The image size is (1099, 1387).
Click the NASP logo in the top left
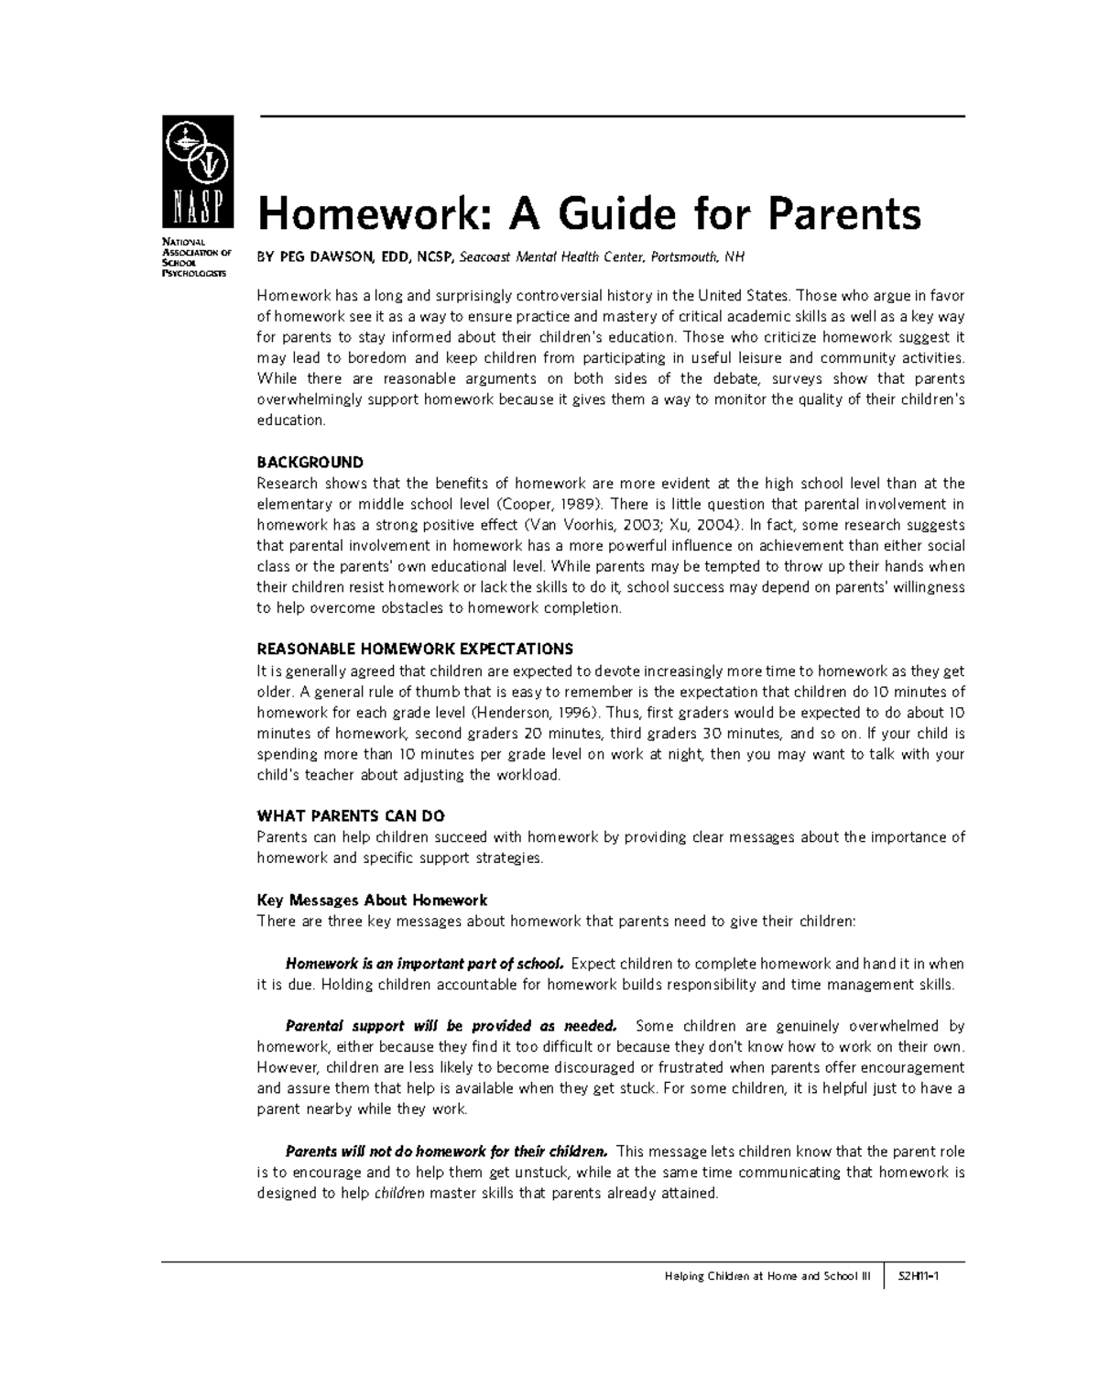coord(198,171)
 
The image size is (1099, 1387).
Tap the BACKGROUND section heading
coord(310,463)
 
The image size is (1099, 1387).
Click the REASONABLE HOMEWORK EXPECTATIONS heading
coord(415,650)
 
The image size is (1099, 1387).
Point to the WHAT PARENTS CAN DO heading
coord(351,816)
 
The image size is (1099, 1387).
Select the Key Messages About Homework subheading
coord(372,901)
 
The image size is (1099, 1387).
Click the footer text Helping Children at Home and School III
coord(767,1276)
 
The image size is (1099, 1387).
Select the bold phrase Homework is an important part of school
coord(425,964)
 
